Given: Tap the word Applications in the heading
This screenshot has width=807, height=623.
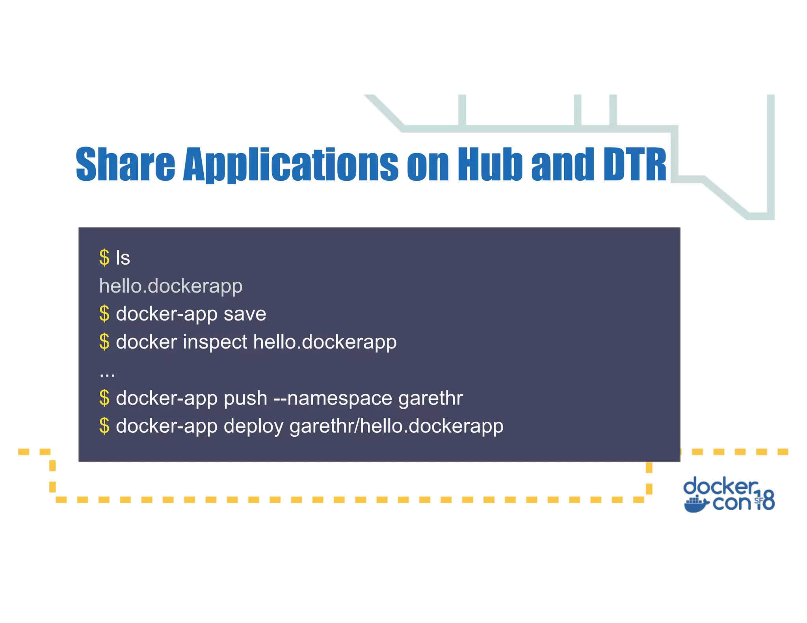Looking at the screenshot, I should [x=291, y=165].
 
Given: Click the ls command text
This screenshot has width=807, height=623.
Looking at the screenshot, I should [x=123, y=258].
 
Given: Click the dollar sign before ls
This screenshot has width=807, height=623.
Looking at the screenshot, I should [x=104, y=258].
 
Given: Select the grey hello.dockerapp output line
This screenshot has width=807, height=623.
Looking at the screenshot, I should [x=171, y=286].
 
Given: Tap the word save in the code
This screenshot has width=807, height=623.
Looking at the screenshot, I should [x=245, y=314].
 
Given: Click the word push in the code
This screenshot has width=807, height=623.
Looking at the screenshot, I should [x=245, y=398].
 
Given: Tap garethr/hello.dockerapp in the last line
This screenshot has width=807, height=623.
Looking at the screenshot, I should [x=396, y=426].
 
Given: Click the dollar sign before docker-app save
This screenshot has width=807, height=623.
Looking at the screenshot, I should [x=104, y=314].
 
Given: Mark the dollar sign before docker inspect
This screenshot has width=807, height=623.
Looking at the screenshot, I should [x=104, y=342].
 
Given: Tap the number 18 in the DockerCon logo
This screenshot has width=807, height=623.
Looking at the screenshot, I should [x=765, y=501].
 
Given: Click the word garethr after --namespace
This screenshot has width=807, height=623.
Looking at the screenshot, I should [x=430, y=398].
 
